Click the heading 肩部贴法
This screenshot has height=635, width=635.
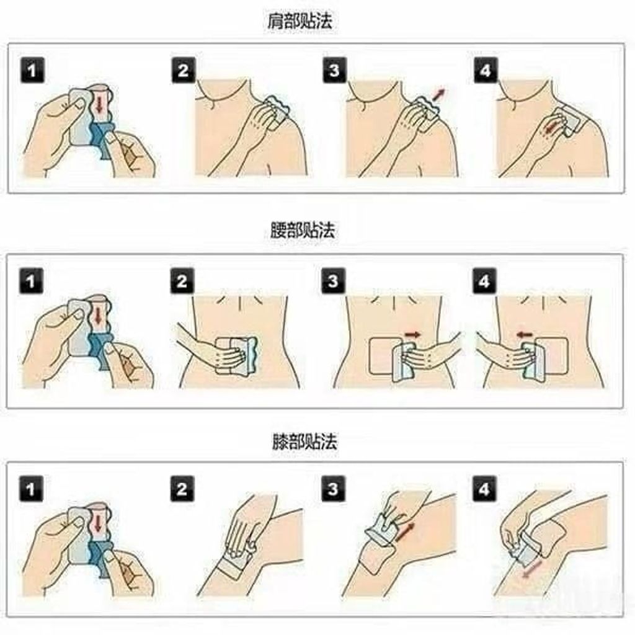[300, 21]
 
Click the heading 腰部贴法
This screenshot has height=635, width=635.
[303, 230]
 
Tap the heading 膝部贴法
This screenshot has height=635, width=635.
[304, 441]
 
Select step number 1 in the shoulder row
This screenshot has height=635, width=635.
[32, 71]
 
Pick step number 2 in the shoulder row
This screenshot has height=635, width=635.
[184, 71]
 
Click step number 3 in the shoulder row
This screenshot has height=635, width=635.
[334, 70]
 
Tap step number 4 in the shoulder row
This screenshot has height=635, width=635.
[486, 71]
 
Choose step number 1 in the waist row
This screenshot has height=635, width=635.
[31, 281]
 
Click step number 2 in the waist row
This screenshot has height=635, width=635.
[182, 281]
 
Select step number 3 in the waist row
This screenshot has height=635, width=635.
[333, 281]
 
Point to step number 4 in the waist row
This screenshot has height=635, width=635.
[484, 281]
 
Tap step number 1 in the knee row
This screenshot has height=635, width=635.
[31, 489]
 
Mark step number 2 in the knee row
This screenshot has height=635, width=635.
[182, 489]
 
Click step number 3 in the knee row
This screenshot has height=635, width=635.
[333, 489]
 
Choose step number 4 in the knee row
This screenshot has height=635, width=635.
[484, 489]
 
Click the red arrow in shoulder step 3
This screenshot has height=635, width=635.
[438, 94]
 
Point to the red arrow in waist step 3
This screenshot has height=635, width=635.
[413, 334]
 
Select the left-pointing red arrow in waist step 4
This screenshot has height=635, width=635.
[525, 334]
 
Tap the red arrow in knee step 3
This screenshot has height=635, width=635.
[406, 531]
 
